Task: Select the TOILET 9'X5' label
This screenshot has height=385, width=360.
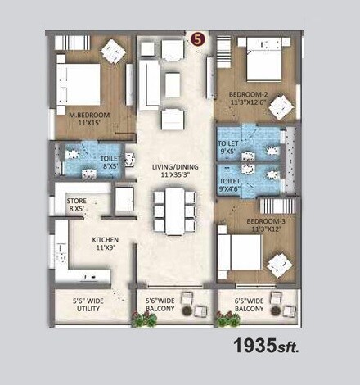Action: [228, 147]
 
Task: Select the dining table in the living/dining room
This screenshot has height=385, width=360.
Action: [174, 210]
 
